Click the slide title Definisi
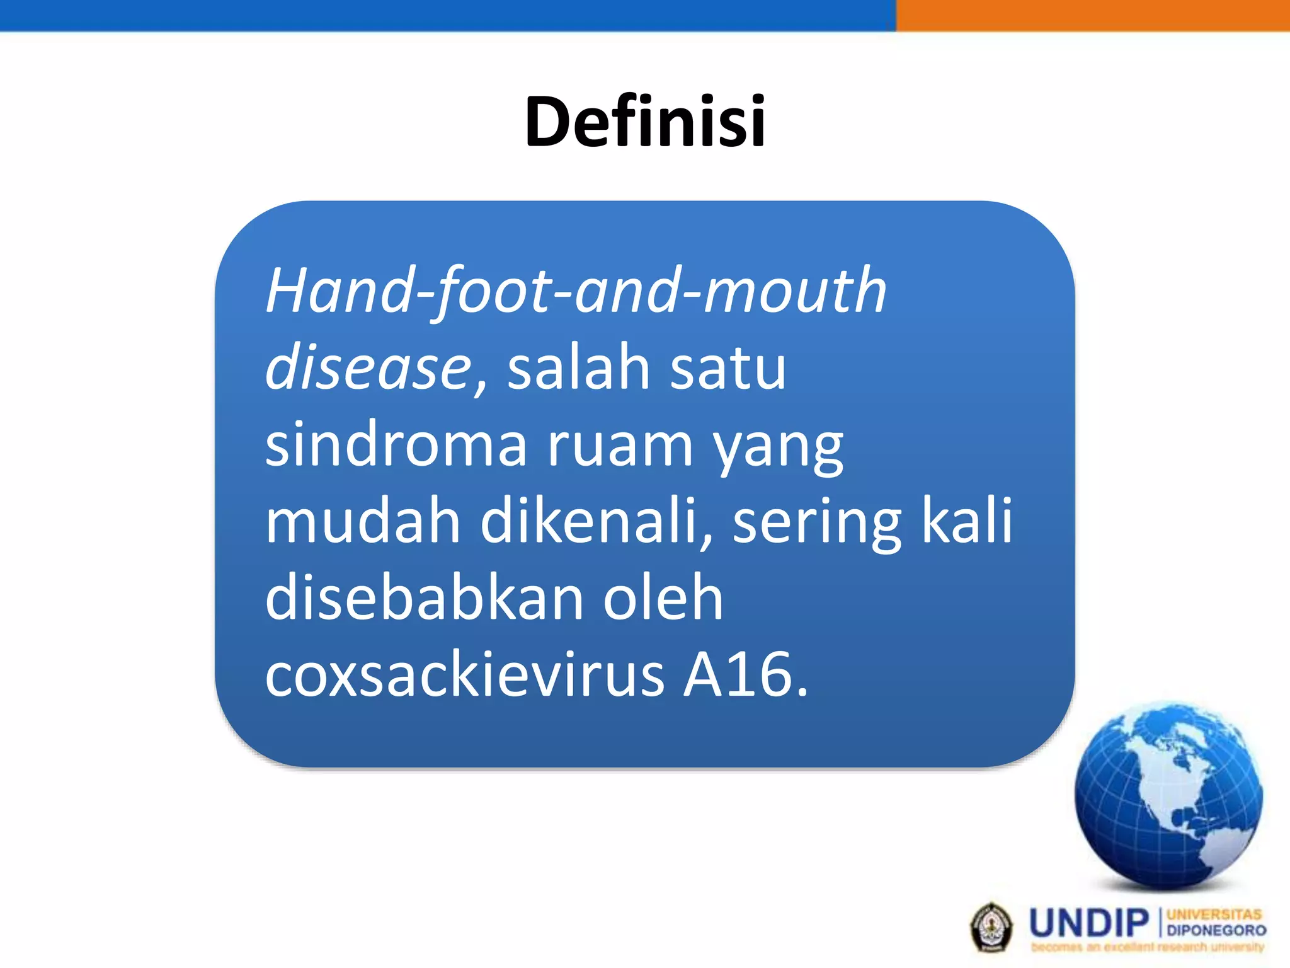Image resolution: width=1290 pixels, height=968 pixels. pyautogui.click(x=645, y=121)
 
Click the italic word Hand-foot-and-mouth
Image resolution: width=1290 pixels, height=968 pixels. pyautogui.click(x=576, y=291)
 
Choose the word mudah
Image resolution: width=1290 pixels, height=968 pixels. pyautogui.click(x=363, y=522)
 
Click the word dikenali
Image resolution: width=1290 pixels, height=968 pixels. pyautogui.click(x=595, y=522)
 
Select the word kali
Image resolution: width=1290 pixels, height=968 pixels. pyautogui.click(x=967, y=521)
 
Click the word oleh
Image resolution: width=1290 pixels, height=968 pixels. pyautogui.click(x=663, y=598)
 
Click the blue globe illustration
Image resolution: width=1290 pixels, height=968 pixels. pyautogui.click(x=1168, y=797)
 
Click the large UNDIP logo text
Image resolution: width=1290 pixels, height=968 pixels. pyautogui.click(x=1089, y=923)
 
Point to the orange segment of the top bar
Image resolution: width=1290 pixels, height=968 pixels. pyautogui.click(x=1093, y=15)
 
